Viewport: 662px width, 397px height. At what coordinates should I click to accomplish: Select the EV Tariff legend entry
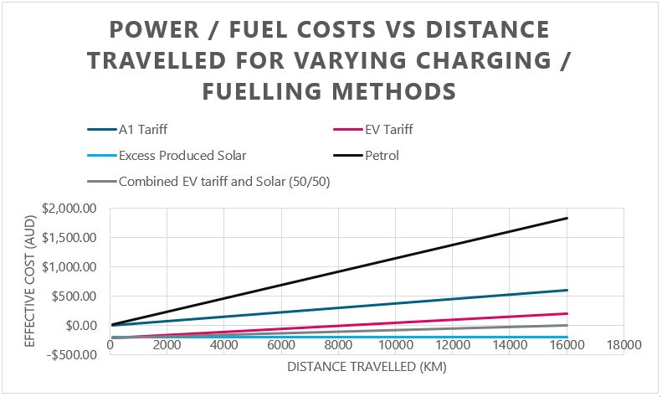[388, 130]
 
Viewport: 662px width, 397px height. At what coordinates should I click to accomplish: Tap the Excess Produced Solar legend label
[182, 155]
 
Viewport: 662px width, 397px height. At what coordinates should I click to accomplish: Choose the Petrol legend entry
[382, 155]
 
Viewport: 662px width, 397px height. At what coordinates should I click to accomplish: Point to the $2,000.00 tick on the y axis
[69, 208]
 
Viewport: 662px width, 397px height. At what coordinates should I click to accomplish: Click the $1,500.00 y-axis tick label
[69, 237]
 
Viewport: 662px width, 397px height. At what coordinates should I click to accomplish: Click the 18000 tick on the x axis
[624, 344]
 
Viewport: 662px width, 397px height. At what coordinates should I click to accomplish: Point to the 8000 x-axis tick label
[339, 344]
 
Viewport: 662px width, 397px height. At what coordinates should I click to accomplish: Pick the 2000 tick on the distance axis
[167, 344]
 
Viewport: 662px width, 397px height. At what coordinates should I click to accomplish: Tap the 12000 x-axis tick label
[453, 344]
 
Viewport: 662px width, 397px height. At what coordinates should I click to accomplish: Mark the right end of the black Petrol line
[567, 218]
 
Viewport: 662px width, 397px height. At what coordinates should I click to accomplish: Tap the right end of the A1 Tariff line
[567, 290]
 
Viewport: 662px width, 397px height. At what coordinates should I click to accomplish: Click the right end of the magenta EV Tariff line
[567, 313]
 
